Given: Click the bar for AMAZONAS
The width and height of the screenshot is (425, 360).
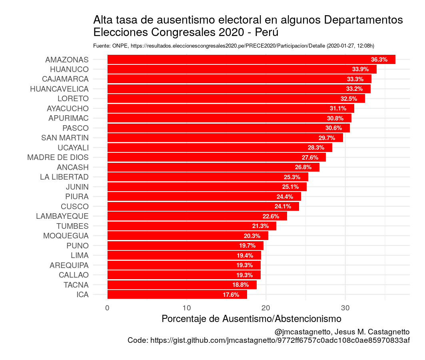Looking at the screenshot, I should coord(251,60).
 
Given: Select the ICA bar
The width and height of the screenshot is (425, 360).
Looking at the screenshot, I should coord(177,295).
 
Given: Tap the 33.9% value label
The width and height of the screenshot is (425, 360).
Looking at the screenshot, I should coord(360,69).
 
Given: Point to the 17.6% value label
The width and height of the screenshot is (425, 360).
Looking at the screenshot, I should coord(231,295).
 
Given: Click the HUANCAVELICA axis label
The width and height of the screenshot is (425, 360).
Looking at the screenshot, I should coord(59,89).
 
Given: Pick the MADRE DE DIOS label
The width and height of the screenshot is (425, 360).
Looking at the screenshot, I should coord(58,158).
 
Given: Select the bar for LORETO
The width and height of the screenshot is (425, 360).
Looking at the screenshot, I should coord(236,99).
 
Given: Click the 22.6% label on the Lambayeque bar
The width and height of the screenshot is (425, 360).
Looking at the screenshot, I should coord(271,216).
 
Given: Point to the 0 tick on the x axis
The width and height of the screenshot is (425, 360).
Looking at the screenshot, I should coord(107,308).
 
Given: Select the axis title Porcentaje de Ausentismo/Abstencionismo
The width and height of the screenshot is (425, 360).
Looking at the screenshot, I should coord(251,319).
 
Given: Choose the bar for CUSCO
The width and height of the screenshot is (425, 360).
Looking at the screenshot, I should coord(203,206).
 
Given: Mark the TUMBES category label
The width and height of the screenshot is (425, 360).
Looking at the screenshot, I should coord(72,226).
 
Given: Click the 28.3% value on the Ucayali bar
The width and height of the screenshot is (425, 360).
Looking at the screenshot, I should coord(316,148).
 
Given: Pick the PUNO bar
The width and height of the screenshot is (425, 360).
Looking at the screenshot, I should coord(185,246).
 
